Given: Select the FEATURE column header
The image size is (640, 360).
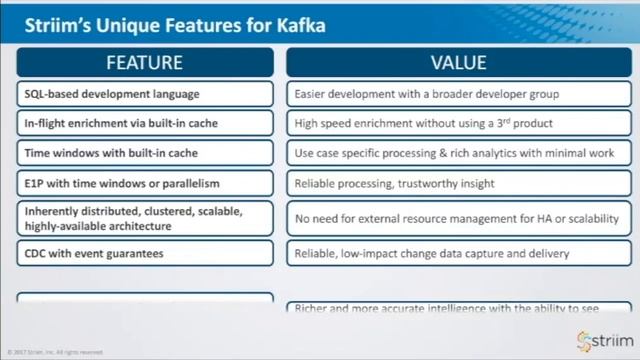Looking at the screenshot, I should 145,62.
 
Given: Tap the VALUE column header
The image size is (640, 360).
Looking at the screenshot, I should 458,62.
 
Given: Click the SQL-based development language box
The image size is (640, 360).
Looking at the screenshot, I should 145,94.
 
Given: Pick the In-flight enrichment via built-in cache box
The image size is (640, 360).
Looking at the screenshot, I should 145,124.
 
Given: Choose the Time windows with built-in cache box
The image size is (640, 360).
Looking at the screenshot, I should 145,154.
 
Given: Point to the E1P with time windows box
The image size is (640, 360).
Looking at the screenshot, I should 145,184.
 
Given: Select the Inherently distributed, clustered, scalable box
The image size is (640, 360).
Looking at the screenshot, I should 145,219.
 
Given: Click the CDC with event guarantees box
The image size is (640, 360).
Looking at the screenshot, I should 145,254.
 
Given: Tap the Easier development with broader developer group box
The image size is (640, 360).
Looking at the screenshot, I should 458,94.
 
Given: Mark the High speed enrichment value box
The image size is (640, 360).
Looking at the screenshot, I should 458,124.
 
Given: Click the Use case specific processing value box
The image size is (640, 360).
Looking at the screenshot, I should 458,154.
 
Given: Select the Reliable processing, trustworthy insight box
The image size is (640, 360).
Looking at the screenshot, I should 458,184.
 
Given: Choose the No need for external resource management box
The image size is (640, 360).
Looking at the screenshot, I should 458,219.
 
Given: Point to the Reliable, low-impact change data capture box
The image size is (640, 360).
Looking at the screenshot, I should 458,254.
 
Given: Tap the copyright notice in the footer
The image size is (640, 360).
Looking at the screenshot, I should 55,352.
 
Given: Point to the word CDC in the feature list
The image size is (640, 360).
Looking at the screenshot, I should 37,254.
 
